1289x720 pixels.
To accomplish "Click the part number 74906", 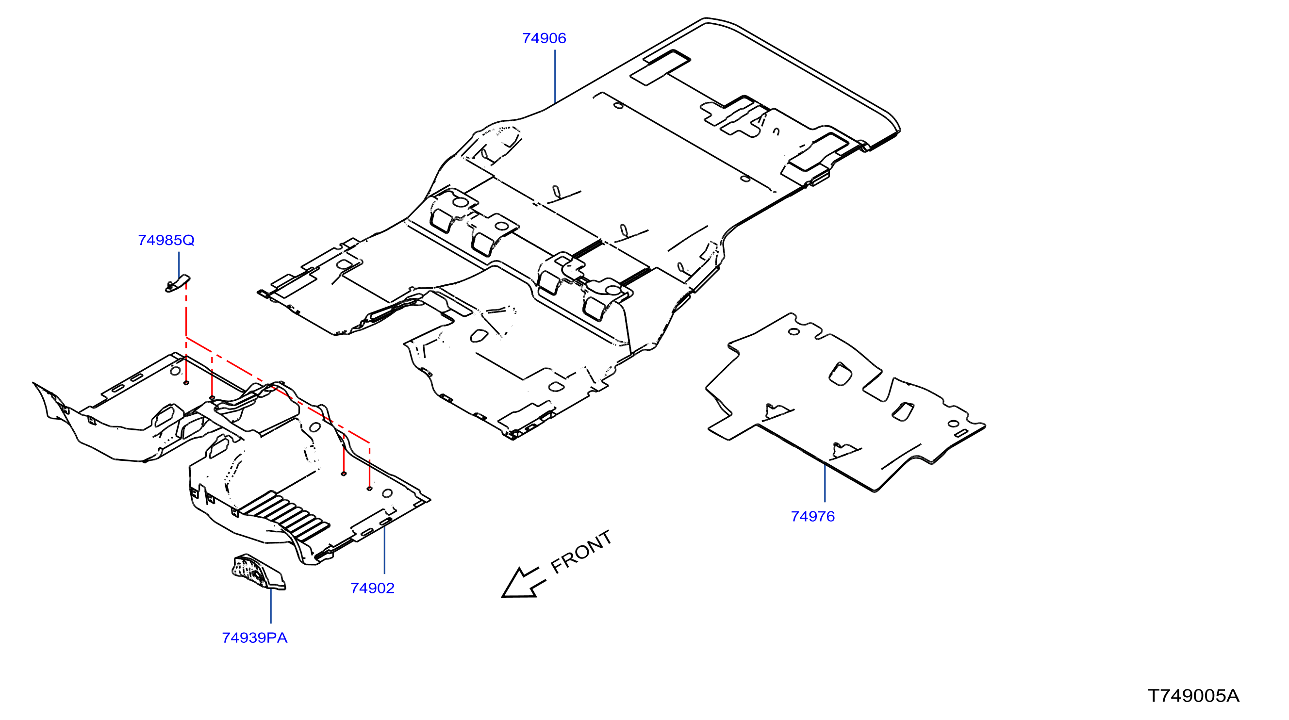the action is coord(544,38).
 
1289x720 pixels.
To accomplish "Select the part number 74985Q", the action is coord(166,240).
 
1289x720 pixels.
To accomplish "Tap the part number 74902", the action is coord(372,588).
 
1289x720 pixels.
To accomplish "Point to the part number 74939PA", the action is coord(255,638).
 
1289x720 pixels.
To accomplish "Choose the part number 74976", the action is coord(812,516).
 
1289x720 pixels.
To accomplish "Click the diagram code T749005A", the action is coord(1193,696).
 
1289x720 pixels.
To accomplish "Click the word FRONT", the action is coord(581,552).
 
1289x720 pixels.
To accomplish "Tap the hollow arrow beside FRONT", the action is coord(522,583).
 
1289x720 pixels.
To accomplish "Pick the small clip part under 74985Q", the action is coord(177,284).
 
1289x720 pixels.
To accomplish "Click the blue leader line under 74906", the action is coord(555,77).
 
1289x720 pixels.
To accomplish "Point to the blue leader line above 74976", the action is coord(825,482).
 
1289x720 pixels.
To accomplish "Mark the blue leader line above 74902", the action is coord(384,543).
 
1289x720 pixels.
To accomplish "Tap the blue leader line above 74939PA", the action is coord(271,606).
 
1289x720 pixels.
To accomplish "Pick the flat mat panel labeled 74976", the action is coord(845,403).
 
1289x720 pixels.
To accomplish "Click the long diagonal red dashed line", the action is coord(278,390).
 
